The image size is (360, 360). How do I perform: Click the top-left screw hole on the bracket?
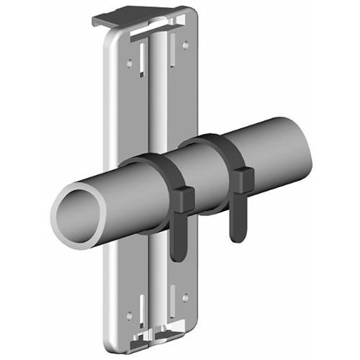pos(130,63)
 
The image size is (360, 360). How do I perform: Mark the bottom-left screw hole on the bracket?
pos(130,315)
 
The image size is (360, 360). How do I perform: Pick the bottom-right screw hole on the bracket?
pos(186,297)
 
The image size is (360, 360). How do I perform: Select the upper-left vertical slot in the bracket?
pos(142,61)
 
